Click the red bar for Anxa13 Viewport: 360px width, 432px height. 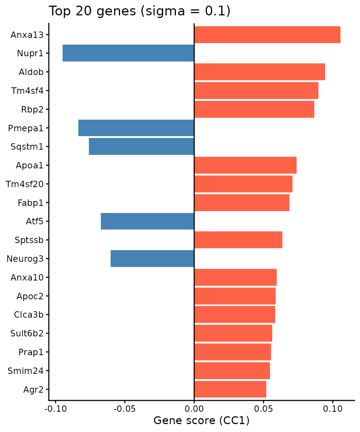(267, 34)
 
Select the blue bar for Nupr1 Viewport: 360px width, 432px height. (128, 53)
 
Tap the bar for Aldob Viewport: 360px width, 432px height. (259, 72)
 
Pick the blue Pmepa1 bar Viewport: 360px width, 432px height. (136, 128)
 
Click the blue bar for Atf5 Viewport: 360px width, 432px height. (147, 221)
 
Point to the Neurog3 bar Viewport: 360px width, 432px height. (152, 258)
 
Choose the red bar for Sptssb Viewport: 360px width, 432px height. (238, 240)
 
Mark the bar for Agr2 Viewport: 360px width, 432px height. (230, 389)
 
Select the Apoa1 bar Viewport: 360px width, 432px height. (245, 165)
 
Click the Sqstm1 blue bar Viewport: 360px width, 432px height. (141, 147)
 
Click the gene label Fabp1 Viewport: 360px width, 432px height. (30, 203)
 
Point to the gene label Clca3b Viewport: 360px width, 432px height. (28, 315)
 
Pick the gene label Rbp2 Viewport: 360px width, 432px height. (32, 109)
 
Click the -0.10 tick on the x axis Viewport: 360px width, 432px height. (55, 408)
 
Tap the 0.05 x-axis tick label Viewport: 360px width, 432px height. (263, 408)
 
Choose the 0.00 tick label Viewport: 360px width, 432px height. (194, 408)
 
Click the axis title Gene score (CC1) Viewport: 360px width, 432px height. (201, 421)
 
